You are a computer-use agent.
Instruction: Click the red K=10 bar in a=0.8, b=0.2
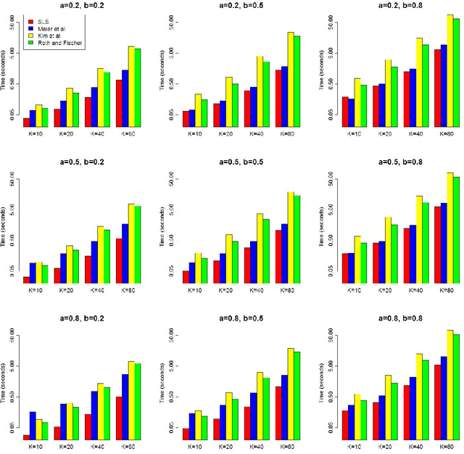tap(27, 437)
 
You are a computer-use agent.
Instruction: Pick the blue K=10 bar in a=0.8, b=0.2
tap(33, 425)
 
